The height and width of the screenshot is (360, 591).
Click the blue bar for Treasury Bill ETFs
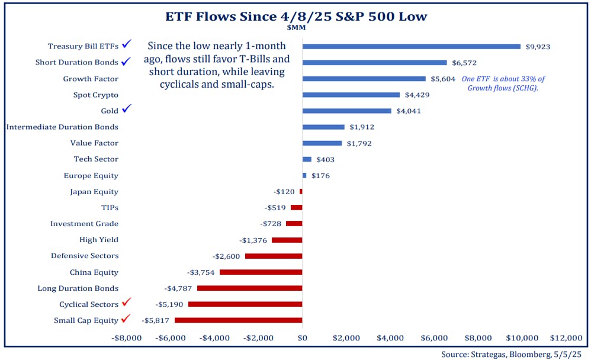411,46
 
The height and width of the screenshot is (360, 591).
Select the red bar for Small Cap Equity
238,320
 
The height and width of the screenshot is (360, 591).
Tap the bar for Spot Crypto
351,95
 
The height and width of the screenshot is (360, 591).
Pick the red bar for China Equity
261,272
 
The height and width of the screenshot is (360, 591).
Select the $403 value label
325,159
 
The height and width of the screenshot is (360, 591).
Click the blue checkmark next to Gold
127,110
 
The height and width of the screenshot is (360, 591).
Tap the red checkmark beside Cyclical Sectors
126,303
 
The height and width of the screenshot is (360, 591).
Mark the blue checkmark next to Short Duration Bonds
126,61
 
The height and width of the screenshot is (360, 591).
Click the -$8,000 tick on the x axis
126,338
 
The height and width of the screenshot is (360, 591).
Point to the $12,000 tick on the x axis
566,338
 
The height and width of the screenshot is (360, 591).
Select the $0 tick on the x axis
302,338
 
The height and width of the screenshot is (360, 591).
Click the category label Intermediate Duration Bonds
62,127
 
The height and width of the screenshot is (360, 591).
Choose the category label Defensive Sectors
84,256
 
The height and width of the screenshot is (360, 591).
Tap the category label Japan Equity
94,192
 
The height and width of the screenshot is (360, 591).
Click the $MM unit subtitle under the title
296,27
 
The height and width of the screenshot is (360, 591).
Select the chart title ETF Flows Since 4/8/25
295,16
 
